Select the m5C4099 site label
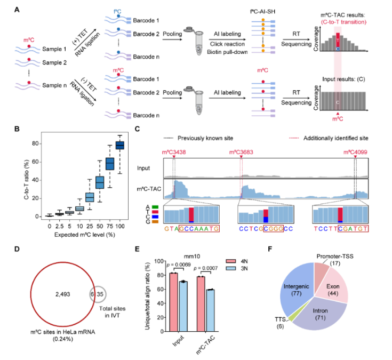pos(355,153)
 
